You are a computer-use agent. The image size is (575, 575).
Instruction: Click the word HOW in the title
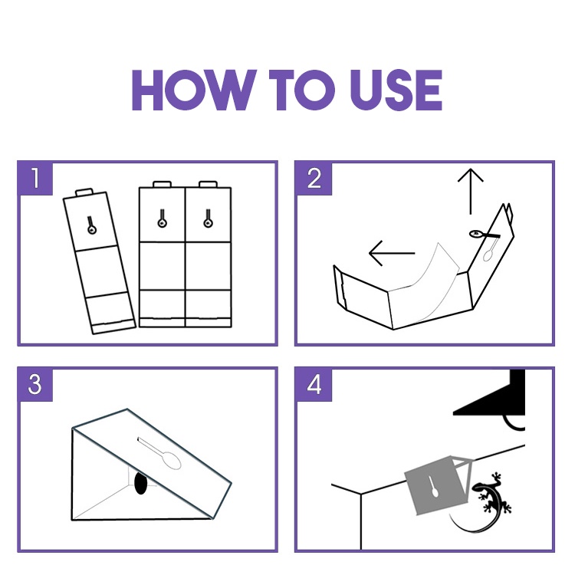pos(194,90)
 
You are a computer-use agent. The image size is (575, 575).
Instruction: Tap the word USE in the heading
pos(396,90)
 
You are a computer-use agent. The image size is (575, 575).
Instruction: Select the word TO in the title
pos(302,90)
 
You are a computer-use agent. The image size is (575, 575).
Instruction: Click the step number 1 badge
pos(35,179)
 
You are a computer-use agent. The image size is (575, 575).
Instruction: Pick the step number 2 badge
pos(314,179)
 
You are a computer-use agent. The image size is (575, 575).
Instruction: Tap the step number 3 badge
pos(35,385)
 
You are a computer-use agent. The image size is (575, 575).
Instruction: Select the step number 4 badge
pos(314,385)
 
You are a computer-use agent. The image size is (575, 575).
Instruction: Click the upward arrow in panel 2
pos(471,192)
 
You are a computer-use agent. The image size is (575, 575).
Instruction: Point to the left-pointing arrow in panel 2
pos(392,253)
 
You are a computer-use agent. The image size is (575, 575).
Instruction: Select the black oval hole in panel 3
pos(141,483)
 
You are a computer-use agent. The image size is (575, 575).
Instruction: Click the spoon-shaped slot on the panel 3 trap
pos(161,454)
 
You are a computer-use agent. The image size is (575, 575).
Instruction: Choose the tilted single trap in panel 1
pos(99,261)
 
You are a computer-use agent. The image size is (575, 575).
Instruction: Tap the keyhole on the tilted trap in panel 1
pos(91,225)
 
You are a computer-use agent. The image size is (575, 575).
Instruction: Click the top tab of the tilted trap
pos(84,192)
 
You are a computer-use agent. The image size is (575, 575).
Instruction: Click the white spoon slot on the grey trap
pos(432,487)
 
